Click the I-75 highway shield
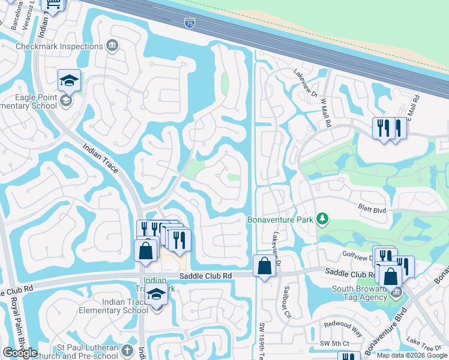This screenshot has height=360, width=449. tap(188, 23)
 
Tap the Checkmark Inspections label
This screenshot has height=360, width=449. tap(59, 46)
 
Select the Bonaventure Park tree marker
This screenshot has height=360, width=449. tap(322, 219)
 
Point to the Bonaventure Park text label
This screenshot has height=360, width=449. tap(280, 220)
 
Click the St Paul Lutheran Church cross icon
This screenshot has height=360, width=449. tap(127, 350)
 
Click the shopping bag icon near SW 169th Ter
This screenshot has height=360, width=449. tap(264, 265)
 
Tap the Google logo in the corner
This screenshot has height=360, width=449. tap(20, 353)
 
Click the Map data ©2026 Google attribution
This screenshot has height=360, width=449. tap(411, 355)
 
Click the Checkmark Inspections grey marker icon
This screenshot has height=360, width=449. tap(112, 46)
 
